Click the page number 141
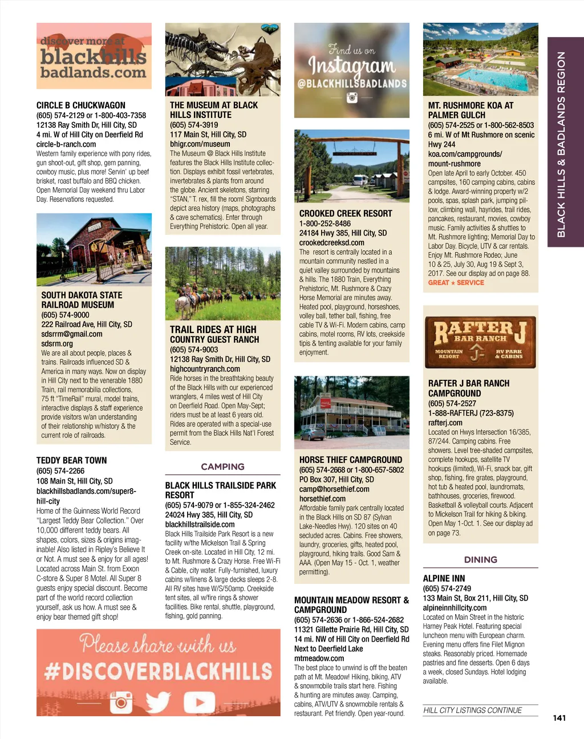559,718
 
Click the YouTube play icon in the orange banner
195,702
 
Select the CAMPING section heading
222,466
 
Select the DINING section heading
480,560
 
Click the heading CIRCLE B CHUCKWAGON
81,105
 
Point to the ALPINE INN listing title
444,578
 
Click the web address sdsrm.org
57,344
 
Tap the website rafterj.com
445,423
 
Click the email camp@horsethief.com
334,489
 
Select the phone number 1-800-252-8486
325,224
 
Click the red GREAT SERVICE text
456,283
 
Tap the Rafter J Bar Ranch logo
480,341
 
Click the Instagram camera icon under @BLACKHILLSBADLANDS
352,98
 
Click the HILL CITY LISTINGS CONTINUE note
472,710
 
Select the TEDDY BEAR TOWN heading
71,461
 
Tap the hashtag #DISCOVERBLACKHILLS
158,671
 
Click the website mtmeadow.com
319,659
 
